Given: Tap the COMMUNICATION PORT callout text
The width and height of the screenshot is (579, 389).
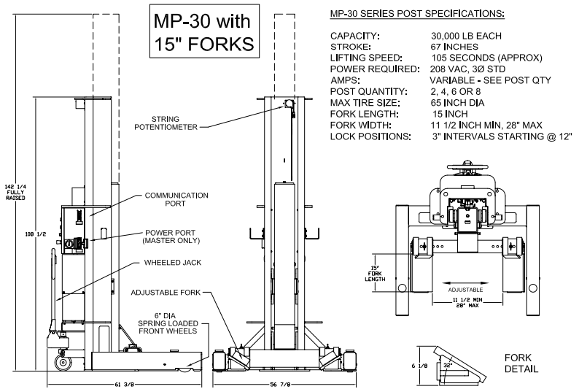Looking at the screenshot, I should pos(176,199).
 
